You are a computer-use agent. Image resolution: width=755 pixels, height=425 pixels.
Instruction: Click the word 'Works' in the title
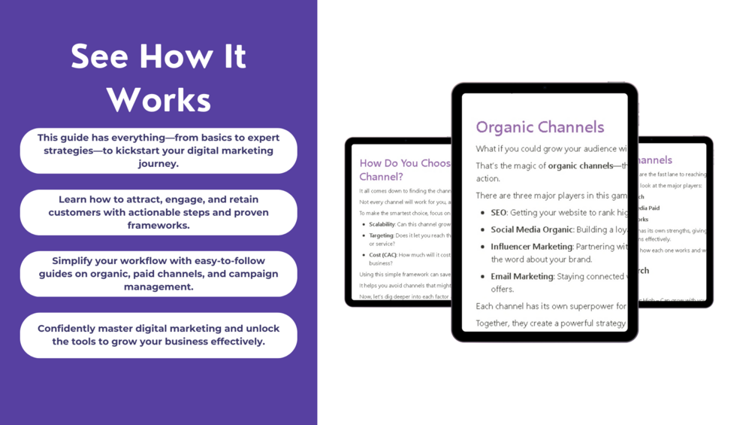click(x=159, y=99)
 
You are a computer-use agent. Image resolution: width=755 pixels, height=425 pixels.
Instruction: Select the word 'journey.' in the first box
click(x=158, y=163)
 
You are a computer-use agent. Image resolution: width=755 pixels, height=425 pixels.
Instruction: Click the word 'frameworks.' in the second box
click(x=158, y=225)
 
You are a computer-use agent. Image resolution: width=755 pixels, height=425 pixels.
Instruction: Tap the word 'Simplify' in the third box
click(x=77, y=261)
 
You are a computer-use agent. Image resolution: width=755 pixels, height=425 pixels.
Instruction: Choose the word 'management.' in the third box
click(x=158, y=287)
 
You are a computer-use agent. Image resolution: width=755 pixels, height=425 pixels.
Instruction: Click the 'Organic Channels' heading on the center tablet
click(x=539, y=127)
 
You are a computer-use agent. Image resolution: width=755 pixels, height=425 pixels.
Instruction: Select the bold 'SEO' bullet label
click(x=498, y=213)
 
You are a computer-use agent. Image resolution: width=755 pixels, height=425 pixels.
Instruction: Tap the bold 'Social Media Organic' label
click(x=532, y=229)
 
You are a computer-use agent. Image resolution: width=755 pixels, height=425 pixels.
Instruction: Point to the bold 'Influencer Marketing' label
click(x=531, y=247)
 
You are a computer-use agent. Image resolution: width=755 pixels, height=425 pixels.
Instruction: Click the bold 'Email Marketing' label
click(x=521, y=277)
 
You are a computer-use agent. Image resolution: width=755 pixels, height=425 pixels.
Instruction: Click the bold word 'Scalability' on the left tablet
click(x=382, y=224)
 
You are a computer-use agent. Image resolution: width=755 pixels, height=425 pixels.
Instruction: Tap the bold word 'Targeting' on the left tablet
click(x=381, y=235)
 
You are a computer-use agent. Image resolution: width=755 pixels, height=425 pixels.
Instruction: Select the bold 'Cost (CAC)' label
click(x=382, y=255)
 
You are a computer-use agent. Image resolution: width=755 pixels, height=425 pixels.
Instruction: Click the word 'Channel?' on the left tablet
click(x=381, y=177)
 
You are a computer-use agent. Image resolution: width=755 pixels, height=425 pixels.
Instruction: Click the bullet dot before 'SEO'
click(x=482, y=213)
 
